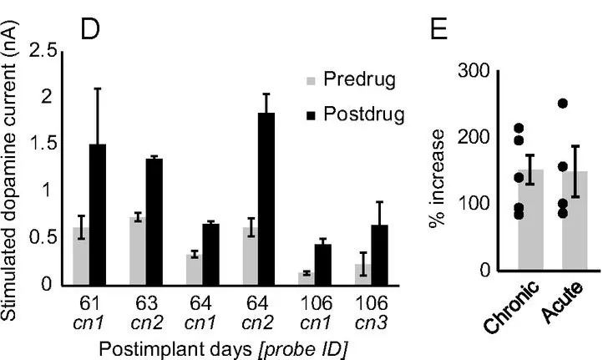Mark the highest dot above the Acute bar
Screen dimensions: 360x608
[563, 104]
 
